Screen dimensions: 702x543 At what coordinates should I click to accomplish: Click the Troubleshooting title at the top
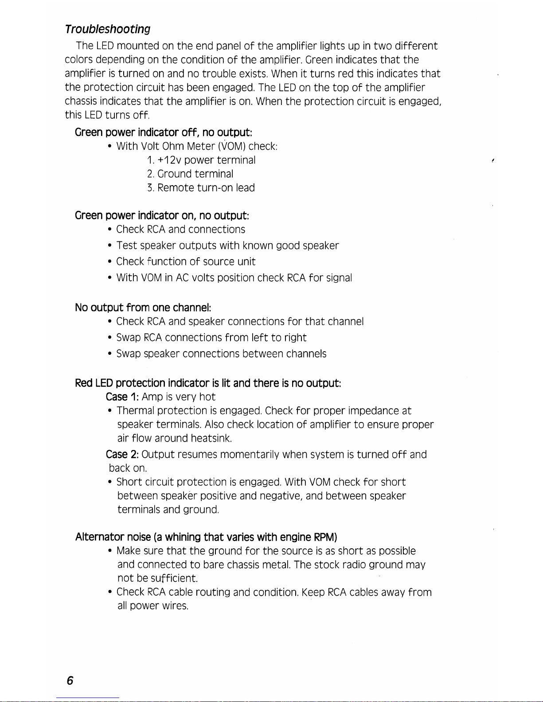coord(107,29)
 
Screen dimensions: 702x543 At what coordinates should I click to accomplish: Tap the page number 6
coord(70,681)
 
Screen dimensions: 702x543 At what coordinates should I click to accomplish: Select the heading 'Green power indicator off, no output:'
coord(164,132)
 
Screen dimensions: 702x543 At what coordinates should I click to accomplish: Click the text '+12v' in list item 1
coord(170,160)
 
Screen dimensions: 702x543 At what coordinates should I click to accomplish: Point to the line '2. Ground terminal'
coord(190,174)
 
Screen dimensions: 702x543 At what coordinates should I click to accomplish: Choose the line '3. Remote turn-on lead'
coord(201,188)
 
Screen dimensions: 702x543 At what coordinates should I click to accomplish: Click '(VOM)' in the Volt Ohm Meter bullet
coord(232,146)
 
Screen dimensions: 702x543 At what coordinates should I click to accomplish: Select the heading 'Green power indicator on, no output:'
coord(162,216)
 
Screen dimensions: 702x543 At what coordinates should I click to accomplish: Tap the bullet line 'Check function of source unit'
coord(186,262)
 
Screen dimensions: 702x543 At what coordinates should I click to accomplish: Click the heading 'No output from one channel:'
coord(143,307)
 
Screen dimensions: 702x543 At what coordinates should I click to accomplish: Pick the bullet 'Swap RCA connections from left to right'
coord(211,338)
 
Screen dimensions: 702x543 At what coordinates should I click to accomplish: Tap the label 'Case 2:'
coord(122,455)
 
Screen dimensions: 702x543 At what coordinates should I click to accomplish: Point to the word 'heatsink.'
coord(211,438)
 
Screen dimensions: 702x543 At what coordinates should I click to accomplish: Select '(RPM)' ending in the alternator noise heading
coord(325,537)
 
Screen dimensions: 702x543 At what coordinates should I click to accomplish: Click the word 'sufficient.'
coord(174,578)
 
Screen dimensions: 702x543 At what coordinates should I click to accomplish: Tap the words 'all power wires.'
coord(153,606)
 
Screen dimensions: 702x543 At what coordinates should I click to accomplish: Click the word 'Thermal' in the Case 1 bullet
coord(135,411)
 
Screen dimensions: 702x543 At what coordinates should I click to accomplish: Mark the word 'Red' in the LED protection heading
coord(84,383)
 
